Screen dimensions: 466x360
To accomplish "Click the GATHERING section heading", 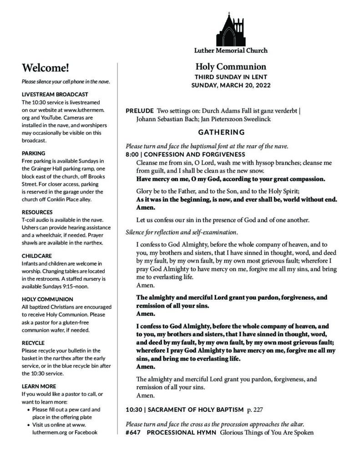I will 221,132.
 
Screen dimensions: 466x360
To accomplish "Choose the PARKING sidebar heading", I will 33,153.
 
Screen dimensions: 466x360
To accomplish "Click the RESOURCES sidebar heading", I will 37,212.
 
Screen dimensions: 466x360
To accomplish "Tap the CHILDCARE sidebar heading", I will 37,256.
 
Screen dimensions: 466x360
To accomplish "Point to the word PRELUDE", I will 139,111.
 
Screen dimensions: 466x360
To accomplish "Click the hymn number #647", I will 133,432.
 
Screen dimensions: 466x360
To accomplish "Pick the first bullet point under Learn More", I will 29,410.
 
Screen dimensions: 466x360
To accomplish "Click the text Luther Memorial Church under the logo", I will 231,51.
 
